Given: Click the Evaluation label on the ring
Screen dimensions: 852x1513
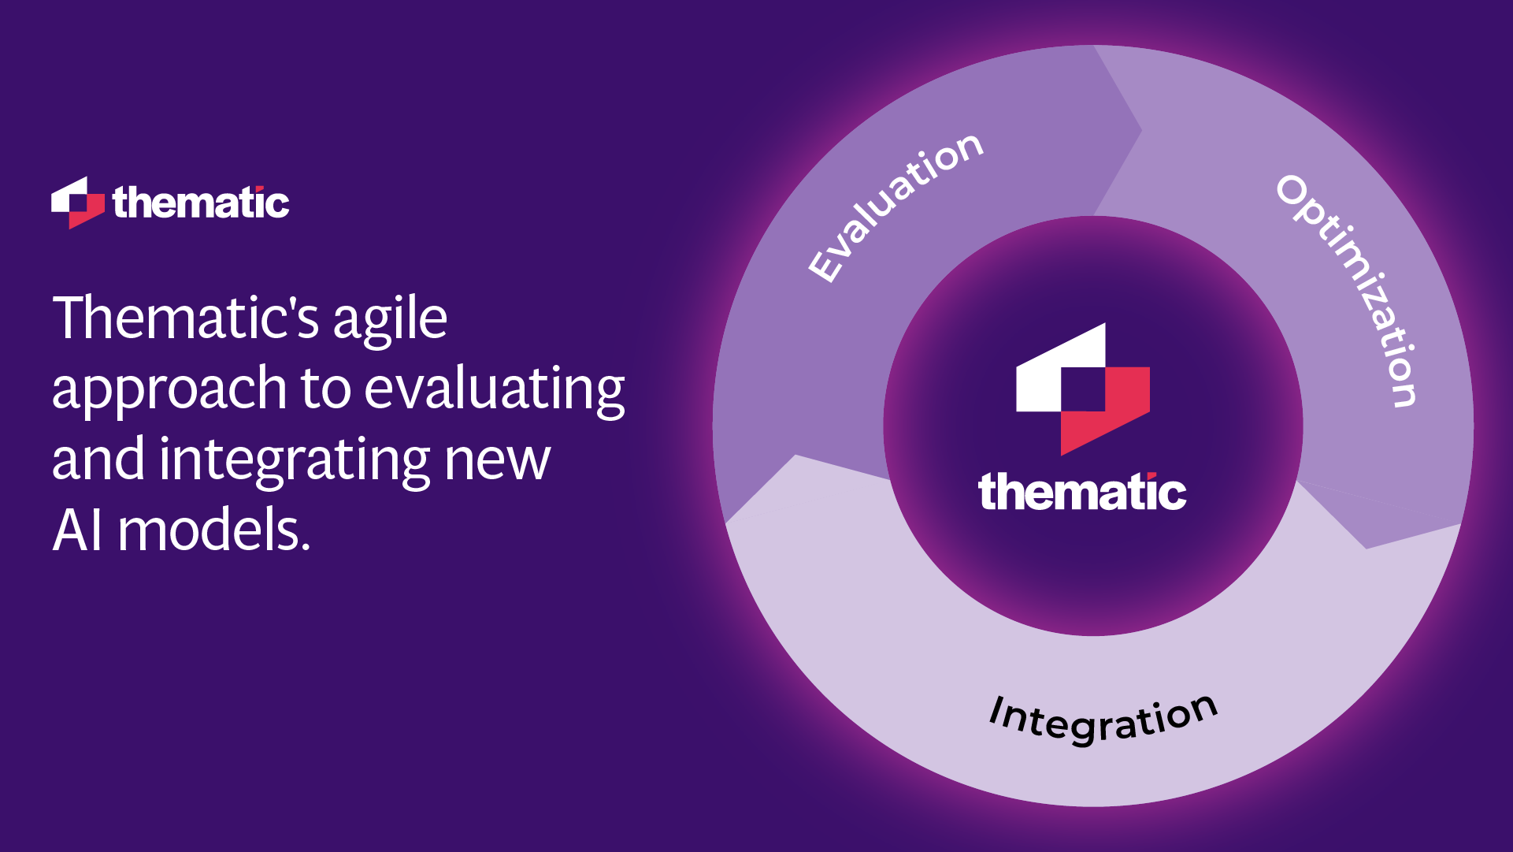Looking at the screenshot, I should [x=896, y=206].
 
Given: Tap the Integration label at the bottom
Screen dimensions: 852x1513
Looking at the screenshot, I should [x=1103, y=719].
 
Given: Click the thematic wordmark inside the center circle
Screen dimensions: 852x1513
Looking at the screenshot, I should [x=1082, y=493].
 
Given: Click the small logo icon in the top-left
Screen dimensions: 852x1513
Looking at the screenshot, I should [x=77, y=203].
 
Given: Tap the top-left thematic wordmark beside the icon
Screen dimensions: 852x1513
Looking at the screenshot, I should [x=201, y=203].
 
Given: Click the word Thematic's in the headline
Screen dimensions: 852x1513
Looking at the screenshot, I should [x=185, y=318].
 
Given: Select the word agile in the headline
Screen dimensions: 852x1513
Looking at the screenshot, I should [x=390, y=320].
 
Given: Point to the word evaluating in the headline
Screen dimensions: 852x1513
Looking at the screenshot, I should [x=495, y=389].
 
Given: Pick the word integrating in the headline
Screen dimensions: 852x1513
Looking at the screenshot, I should [x=295, y=460].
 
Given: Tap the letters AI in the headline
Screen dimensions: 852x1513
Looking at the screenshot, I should [x=77, y=530].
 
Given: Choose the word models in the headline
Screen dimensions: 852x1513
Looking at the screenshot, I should [x=213, y=530].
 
